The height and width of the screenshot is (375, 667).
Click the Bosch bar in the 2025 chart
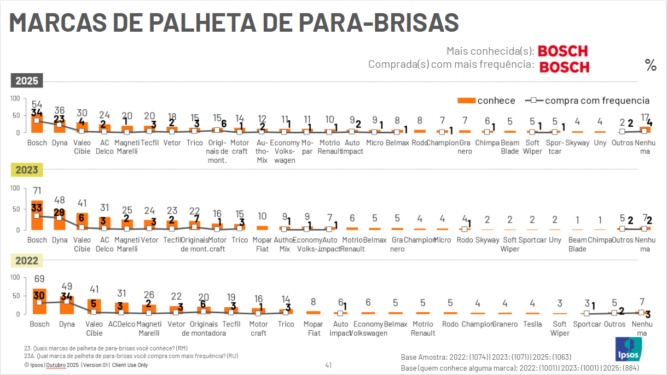pos(37,124)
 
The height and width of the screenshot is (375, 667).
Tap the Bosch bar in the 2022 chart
pos(39,302)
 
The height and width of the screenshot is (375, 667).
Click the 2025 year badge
pos(26,81)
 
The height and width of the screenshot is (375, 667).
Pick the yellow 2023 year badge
pos(26,170)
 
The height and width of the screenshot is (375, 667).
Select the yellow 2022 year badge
pos(26,261)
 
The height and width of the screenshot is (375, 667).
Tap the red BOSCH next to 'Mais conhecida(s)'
pos(562,51)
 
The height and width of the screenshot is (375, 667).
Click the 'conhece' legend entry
pos(486,100)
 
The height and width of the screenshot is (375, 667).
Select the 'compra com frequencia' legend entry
pos(588,100)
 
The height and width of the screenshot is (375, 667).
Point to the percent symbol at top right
pos(651,66)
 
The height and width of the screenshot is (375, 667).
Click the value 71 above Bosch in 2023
pos(37,191)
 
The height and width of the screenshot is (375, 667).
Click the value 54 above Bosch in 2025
pos(37,104)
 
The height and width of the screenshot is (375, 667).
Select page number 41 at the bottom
pos(328,365)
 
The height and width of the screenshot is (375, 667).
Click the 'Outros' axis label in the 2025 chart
pos(623,143)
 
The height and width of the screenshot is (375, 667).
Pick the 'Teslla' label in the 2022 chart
pos(532,324)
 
